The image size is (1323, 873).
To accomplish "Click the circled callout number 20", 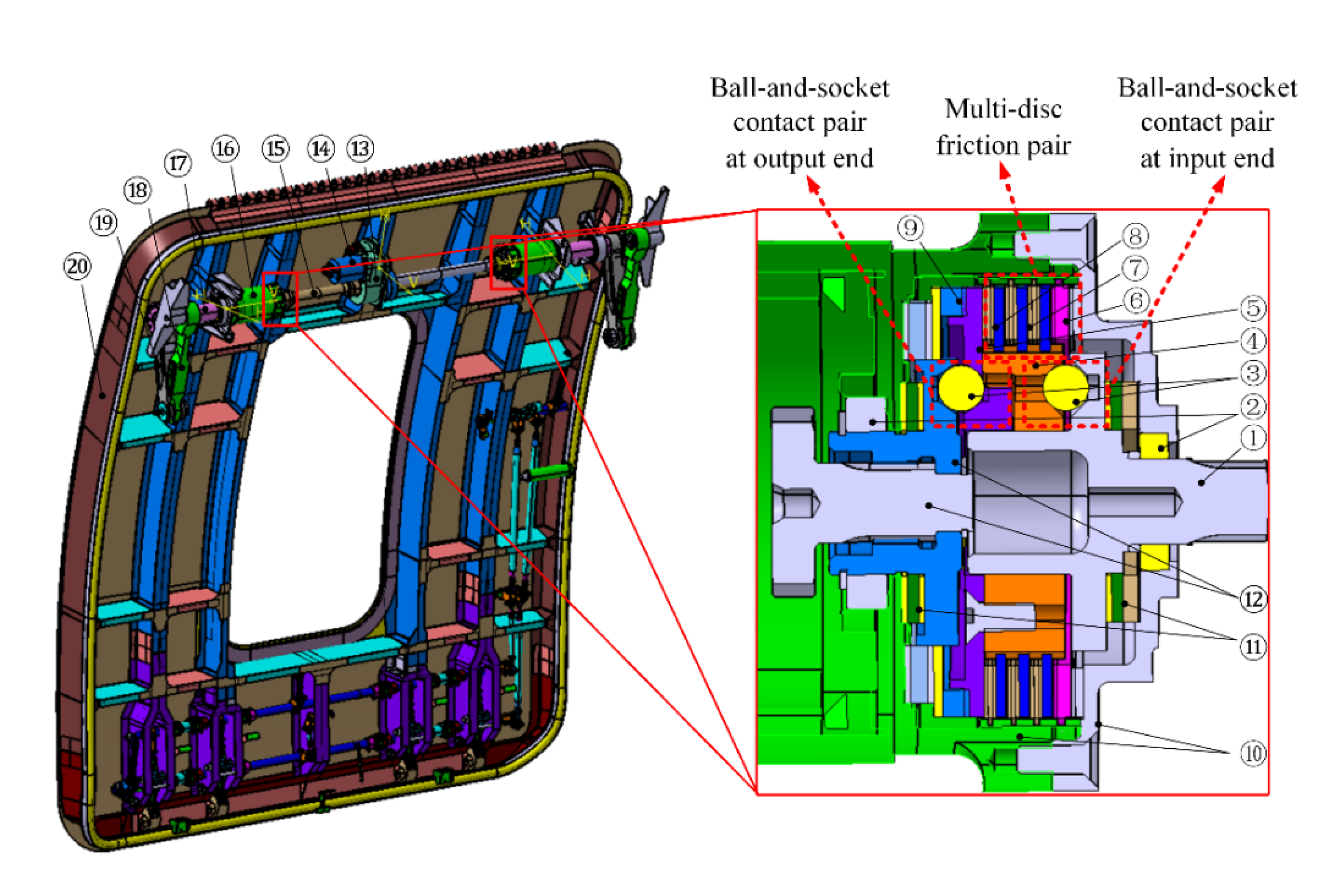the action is pyautogui.click(x=78, y=267).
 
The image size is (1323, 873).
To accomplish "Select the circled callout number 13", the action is pyautogui.click(x=360, y=149).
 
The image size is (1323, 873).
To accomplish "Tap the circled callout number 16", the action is pyautogui.click(x=225, y=149).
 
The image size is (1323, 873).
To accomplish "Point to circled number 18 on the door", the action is pyautogui.click(x=137, y=191).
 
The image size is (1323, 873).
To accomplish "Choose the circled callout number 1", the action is pyautogui.click(x=1252, y=438).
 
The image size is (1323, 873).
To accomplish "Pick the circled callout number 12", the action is pyautogui.click(x=1253, y=600).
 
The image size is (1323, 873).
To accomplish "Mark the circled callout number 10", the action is pyautogui.click(x=1253, y=754).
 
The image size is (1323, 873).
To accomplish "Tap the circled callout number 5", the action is pyautogui.click(x=1253, y=308).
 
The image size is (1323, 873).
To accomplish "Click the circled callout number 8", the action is pyautogui.click(x=1135, y=236).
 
